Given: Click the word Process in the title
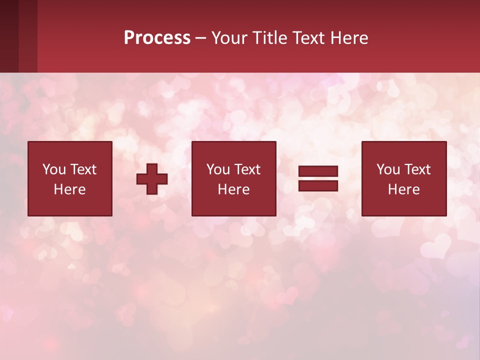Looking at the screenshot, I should click(157, 38).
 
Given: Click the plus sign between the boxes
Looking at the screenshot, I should click(152, 179).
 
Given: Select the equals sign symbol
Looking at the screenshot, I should click(318, 178).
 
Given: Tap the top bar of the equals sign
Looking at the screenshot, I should click(318, 171).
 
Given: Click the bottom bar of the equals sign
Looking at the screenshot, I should click(318, 186).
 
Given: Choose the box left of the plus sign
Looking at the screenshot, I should click(70, 178).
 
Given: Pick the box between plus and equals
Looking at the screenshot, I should click(234, 178).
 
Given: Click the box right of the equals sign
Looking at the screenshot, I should click(404, 178).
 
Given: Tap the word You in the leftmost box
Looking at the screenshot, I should click(53, 169).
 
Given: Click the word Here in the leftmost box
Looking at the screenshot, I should click(70, 189).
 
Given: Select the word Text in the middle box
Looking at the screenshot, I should click(247, 169).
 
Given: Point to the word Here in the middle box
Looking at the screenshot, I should click(234, 189).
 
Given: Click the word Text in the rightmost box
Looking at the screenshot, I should click(417, 169).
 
